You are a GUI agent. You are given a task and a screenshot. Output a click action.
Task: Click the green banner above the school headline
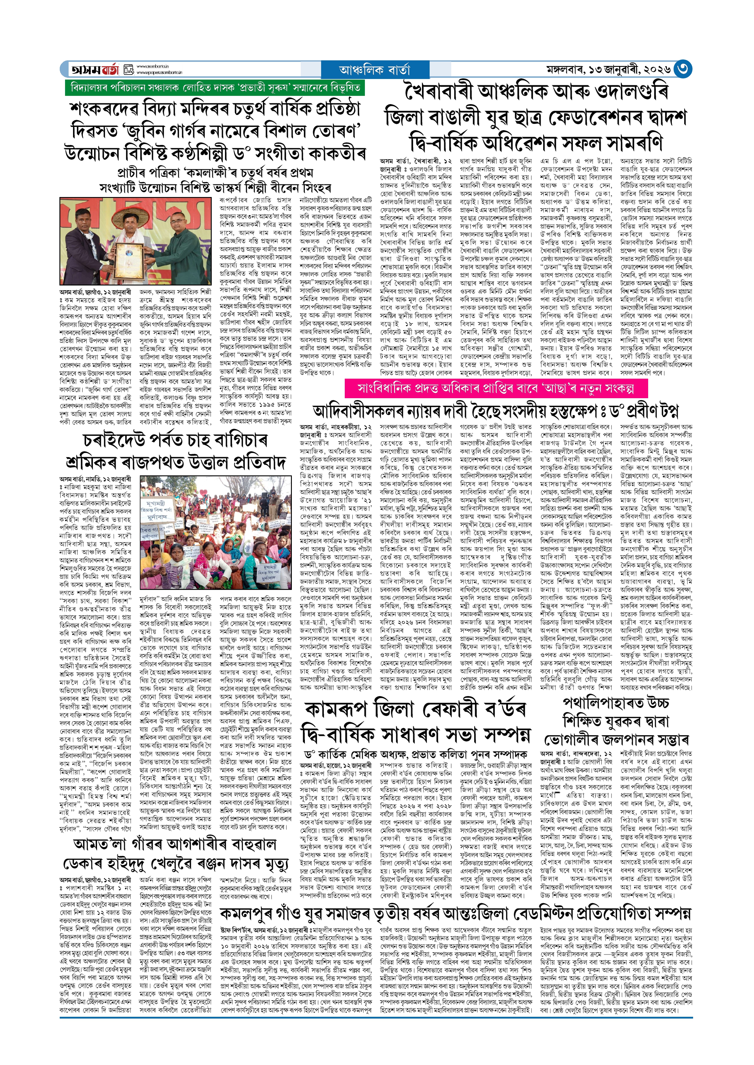point(214,87)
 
